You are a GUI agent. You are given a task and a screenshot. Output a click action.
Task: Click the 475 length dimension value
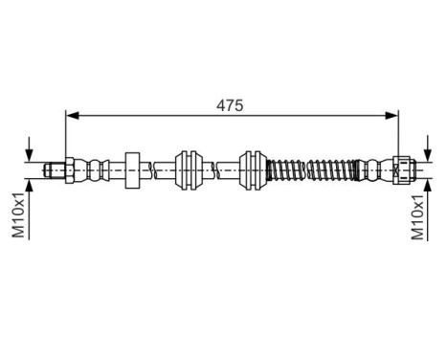[x=230, y=104]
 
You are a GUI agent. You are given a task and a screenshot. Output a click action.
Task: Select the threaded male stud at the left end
[x=54, y=169]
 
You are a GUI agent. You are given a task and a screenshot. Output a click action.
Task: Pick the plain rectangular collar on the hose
[x=133, y=169]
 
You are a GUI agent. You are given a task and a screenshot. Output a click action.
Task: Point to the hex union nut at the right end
[x=402, y=169]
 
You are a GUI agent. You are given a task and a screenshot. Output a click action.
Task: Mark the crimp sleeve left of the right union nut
[x=372, y=169]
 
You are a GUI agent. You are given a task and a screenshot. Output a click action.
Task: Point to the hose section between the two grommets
[x=221, y=169]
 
